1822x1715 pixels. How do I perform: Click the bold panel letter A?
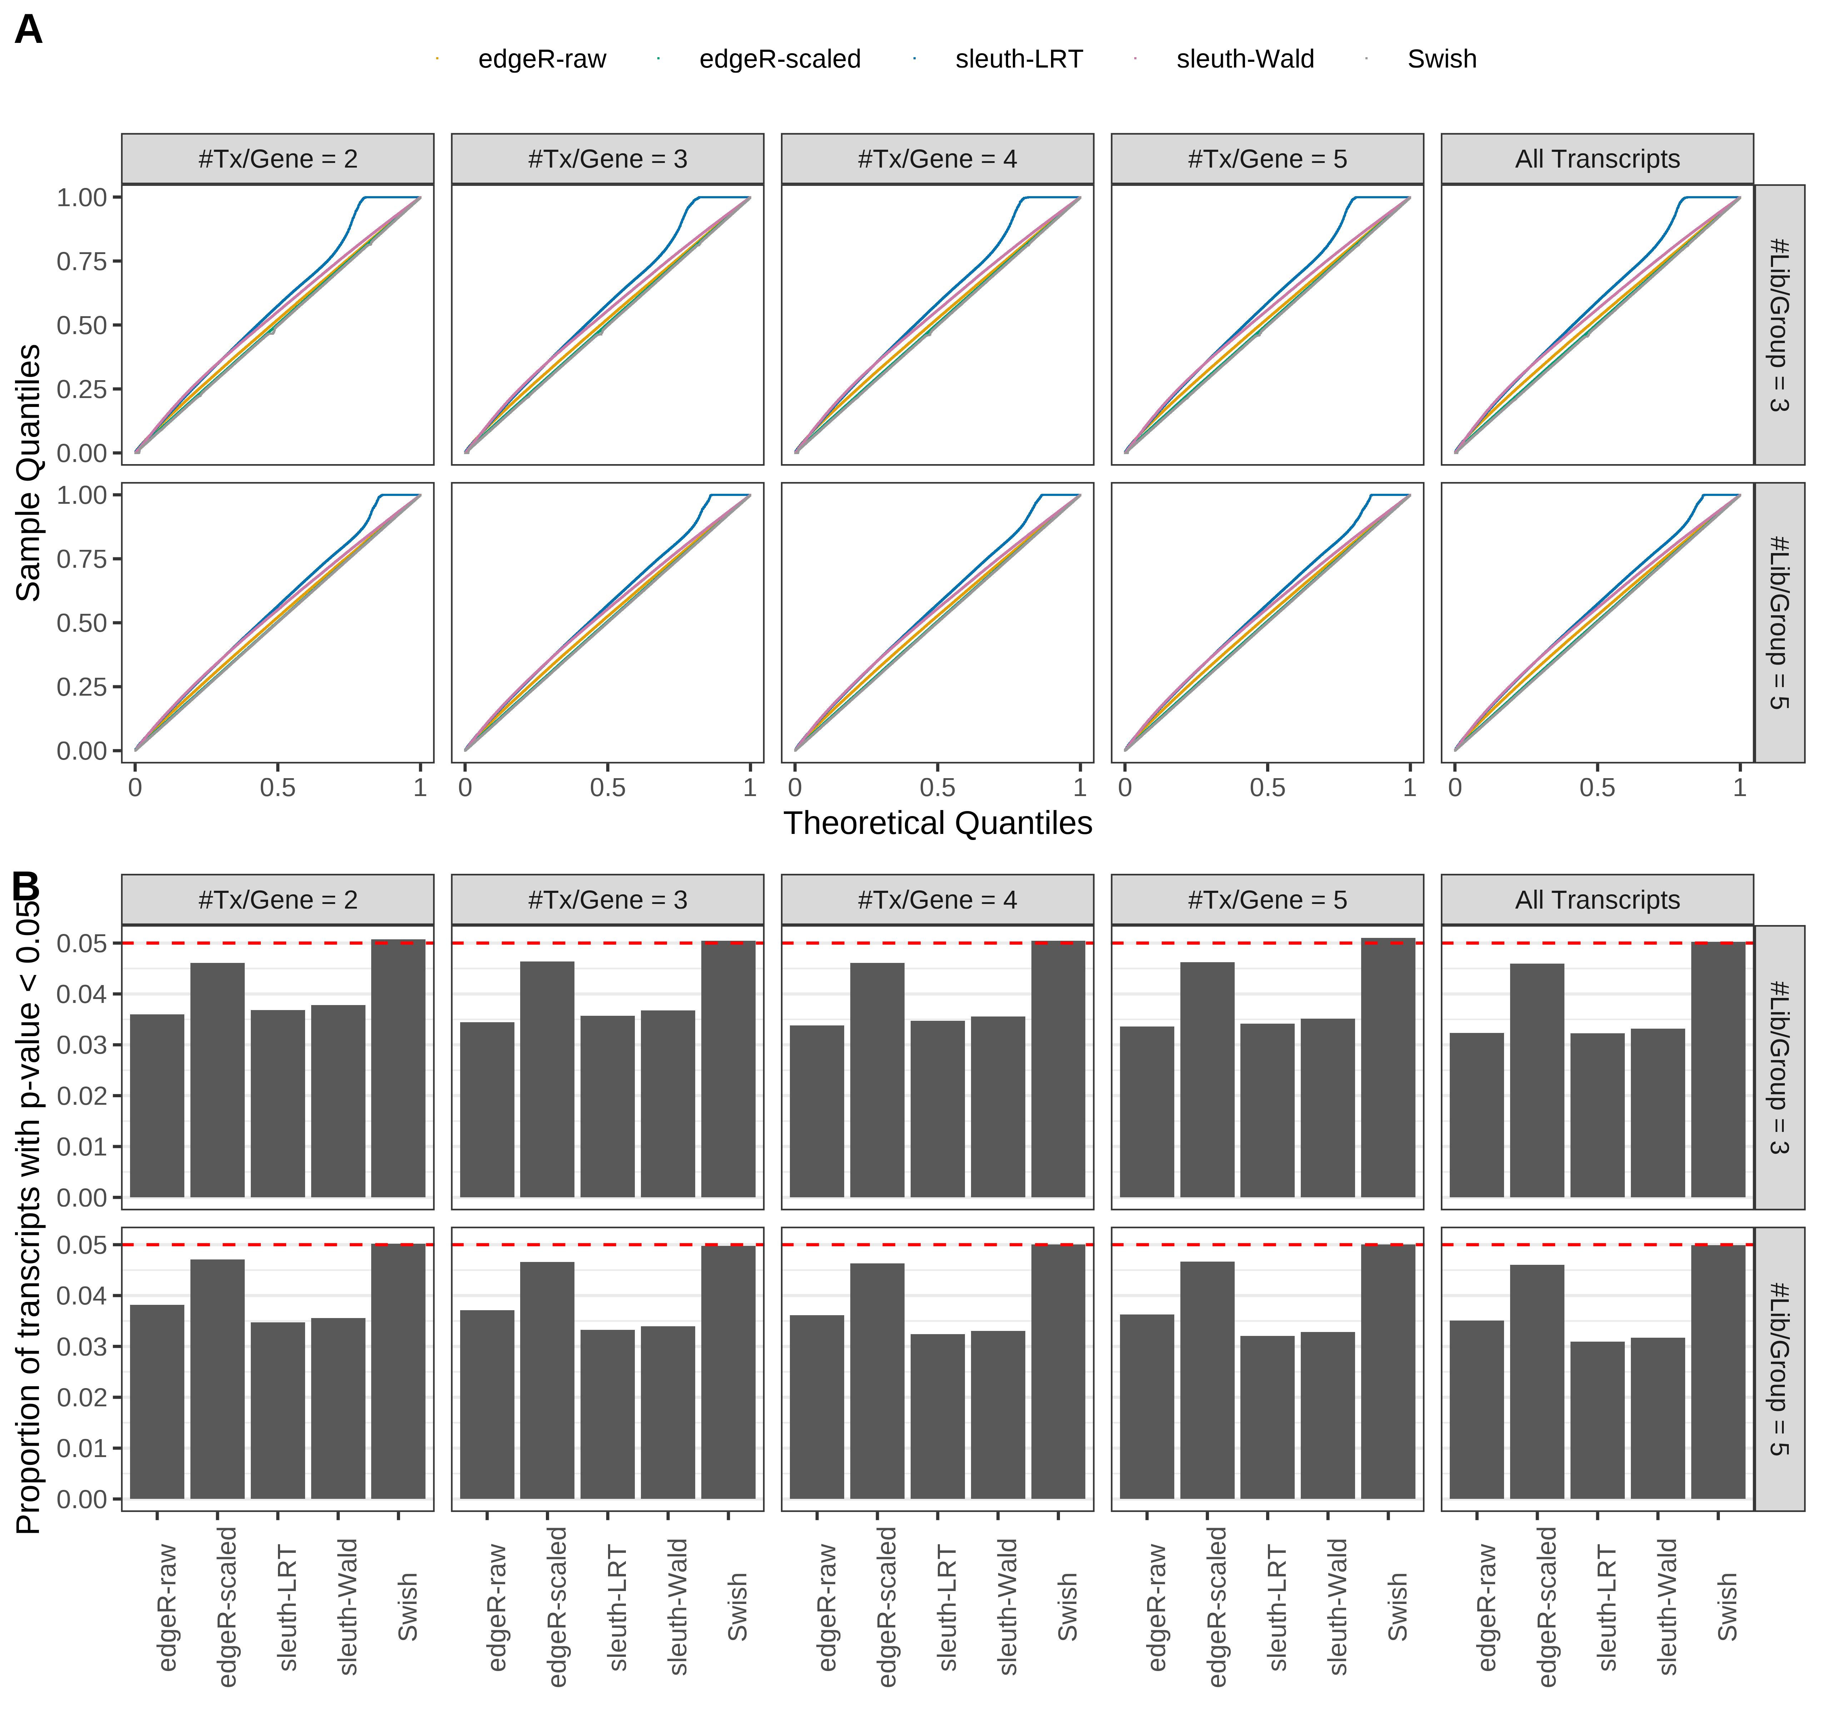point(29,30)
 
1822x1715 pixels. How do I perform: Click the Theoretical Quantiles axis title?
point(937,823)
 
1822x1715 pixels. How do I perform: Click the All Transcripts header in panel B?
point(1597,900)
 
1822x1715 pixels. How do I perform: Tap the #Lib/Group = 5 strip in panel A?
point(1778,622)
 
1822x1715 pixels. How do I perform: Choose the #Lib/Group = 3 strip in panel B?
point(1778,1068)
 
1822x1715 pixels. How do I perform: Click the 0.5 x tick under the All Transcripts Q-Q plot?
point(1597,787)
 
